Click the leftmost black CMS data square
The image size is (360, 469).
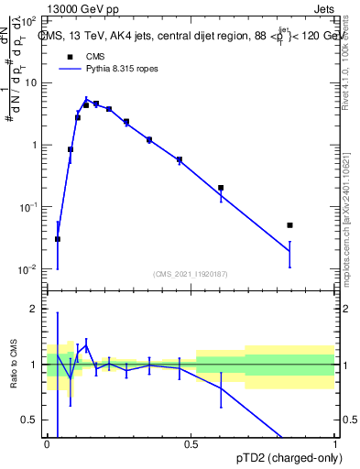[58, 239]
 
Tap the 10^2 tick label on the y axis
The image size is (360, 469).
[28, 20]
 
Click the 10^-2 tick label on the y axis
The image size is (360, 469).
[27, 269]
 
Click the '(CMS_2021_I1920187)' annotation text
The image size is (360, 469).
[191, 273]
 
